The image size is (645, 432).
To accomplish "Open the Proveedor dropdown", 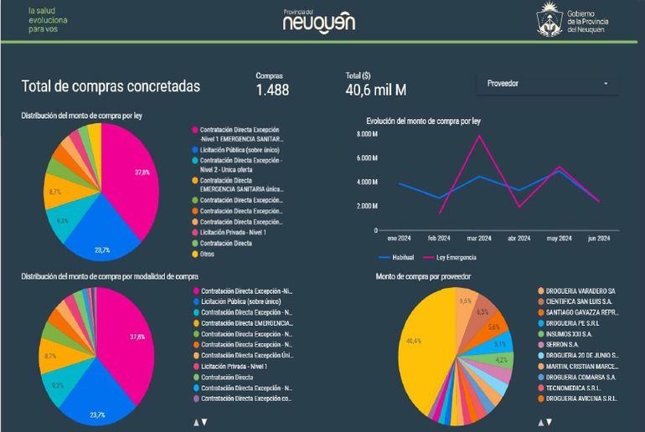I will pyautogui.click(x=546, y=84).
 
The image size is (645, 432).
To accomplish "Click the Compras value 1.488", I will pyautogui.click(x=272, y=90).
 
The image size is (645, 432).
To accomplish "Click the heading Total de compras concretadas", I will pyautogui.click(x=111, y=85).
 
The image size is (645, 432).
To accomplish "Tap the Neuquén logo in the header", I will pyautogui.click(x=318, y=21).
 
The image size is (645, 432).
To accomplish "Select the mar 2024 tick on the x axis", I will pyautogui.click(x=478, y=239).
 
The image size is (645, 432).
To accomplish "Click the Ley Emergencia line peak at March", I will pyautogui.click(x=478, y=136).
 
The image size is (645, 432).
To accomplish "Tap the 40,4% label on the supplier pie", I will pyautogui.click(x=413, y=341).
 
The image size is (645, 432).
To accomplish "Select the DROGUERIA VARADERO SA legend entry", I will pyautogui.click(x=582, y=291).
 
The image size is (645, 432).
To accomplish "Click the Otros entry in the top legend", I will pyautogui.click(x=204, y=255).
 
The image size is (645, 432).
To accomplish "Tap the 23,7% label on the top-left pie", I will pyautogui.click(x=101, y=250).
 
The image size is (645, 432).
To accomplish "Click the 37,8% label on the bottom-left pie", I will pyautogui.click(x=137, y=337).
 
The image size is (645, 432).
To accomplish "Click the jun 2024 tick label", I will pyautogui.click(x=597, y=239).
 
